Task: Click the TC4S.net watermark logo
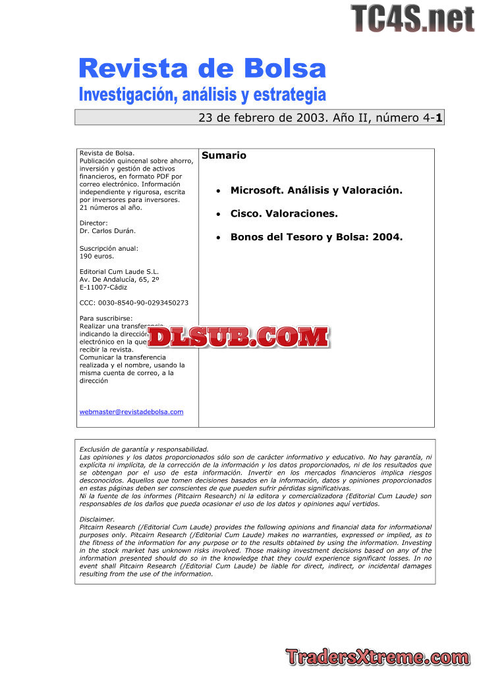(x=412, y=18)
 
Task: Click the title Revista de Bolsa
(x=202, y=68)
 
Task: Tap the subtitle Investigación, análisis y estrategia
(x=202, y=94)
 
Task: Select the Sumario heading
(x=224, y=156)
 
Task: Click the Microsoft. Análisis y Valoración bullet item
(x=316, y=190)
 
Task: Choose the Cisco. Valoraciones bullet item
(x=284, y=214)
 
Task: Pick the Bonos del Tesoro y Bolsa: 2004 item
(x=316, y=237)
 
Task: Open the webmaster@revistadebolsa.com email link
(x=131, y=412)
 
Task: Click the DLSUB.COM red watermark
(x=238, y=337)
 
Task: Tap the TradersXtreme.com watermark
(x=378, y=656)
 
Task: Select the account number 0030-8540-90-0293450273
(x=134, y=303)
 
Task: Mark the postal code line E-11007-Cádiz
(x=103, y=287)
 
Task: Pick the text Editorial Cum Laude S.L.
(x=119, y=271)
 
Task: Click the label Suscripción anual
(x=109, y=248)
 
